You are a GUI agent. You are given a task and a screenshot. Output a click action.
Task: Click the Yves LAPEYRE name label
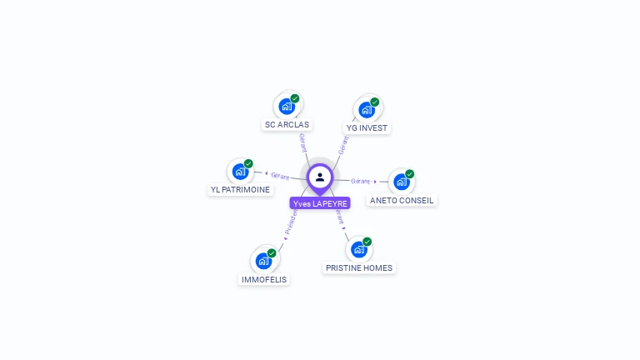320,203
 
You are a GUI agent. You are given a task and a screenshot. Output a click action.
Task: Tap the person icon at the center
320,177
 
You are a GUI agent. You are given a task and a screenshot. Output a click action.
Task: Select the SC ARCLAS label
287,125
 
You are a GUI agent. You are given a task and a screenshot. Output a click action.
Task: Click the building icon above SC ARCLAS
287,107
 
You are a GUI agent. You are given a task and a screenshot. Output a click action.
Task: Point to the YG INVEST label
367,128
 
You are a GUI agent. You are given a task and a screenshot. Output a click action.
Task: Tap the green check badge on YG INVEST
375,102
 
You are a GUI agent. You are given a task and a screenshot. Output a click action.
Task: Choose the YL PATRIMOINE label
240,190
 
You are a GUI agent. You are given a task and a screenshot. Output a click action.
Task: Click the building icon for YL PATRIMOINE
240,172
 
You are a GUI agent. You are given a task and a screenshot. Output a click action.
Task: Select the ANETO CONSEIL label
402,200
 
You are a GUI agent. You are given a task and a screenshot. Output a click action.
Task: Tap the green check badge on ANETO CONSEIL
409,174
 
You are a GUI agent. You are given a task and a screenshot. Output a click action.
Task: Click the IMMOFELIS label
263,280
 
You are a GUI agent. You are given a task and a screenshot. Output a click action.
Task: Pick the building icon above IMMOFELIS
263,261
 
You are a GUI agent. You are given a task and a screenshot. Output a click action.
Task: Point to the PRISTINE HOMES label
359,268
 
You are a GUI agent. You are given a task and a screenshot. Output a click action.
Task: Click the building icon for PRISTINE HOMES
358,249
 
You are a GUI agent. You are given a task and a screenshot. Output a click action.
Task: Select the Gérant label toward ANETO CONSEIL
361,181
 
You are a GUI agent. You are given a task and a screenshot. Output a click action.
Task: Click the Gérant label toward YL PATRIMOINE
280,176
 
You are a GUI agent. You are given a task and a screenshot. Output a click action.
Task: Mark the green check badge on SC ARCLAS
295,98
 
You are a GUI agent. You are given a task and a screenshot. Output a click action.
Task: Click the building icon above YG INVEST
367,110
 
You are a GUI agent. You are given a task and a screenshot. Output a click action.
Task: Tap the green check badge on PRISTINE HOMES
367,242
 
